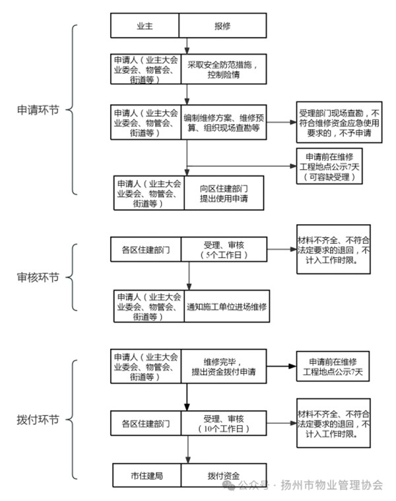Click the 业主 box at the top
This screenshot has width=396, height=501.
click(145, 26)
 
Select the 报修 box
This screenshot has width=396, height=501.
click(222, 26)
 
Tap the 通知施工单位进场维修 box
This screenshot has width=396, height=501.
click(226, 307)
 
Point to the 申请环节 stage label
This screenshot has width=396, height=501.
click(38, 110)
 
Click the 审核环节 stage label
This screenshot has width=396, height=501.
click(38, 278)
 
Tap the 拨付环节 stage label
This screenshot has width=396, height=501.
click(38, 419)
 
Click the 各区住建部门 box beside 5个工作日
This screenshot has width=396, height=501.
click(146, 250)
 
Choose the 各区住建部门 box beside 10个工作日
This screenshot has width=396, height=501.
click(146, 423)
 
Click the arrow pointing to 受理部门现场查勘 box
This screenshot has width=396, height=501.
click(281, 123)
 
